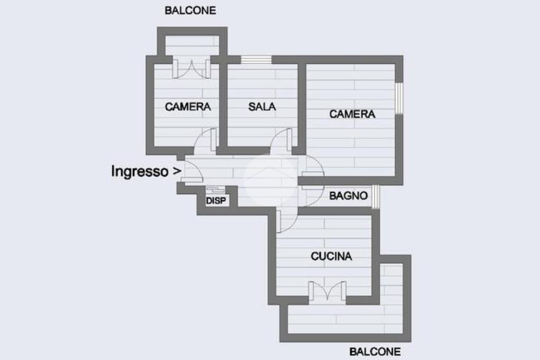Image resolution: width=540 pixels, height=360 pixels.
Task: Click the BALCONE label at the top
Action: click(x=190, y=11)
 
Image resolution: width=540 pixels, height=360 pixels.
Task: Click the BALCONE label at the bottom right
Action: click(x=375, y=352)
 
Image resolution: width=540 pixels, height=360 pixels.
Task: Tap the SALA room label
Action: click(x=262, y=106)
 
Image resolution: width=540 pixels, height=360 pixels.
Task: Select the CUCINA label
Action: click(x=331, y=256)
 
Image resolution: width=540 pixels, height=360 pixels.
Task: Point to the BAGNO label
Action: click(x=349, y=196)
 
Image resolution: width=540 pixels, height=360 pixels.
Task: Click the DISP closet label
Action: click(x=216, y=201)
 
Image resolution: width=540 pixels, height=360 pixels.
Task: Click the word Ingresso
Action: click(x=140, y=171)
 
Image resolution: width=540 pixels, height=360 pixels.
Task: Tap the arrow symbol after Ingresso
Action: click(x=177, y=171)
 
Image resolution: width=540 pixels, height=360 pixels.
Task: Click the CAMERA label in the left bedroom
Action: click(x=188, y=106)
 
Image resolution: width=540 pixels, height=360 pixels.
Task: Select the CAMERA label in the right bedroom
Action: click(x=352, y=114)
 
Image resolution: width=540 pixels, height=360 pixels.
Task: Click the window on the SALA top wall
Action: click(x=256, y=60)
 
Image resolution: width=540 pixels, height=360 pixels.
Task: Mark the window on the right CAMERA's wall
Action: click(x=399, y=99)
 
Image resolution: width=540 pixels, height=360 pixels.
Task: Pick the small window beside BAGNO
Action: click(x=375, y=197)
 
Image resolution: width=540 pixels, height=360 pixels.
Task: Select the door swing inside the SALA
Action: click(x=281, y=141)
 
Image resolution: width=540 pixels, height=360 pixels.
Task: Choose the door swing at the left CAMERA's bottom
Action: click(x=206, y=141)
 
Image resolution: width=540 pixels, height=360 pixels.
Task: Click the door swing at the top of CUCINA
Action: click(x=287, y=220)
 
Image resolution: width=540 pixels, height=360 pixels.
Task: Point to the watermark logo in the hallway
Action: click(x=271, y=179)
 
